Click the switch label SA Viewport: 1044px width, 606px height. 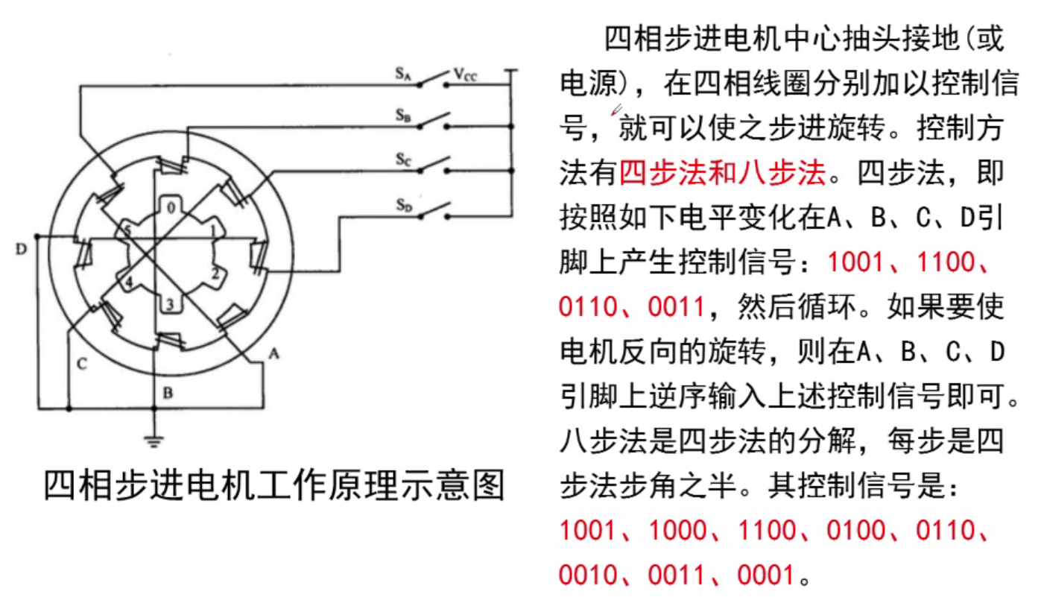[403, 75]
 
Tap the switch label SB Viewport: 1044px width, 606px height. [403, 116]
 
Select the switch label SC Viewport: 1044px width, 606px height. [403, 160]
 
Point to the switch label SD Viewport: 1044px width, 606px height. [403, 203]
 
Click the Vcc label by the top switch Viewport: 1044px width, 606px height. [464, 75]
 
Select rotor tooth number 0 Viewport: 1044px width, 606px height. [171, 208]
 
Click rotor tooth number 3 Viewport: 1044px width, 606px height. [169, 303]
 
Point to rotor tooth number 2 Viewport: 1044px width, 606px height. [215, 274]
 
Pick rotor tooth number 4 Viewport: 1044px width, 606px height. [128, 283]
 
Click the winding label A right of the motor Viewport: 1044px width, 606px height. [273, 355]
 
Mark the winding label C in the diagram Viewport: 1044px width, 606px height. [83, 363]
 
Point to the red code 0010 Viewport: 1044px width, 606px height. [587, 574]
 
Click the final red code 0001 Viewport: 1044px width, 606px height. [765, 574]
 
